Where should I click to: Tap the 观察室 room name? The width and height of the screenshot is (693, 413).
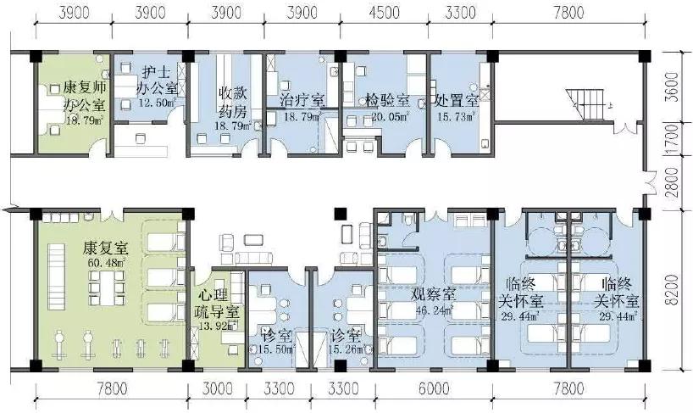tap(434, 296)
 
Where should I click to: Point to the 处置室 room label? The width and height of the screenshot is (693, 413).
tap(457, 99)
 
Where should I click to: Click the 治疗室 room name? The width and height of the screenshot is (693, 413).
tap(301, 100)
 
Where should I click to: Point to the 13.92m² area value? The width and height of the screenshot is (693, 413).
tap(213, 326)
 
